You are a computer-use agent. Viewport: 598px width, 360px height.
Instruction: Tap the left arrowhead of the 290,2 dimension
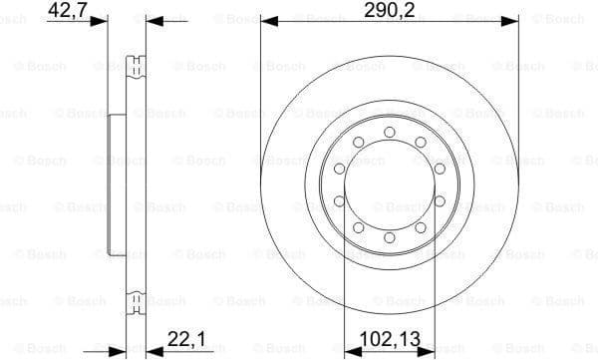click(266, 20)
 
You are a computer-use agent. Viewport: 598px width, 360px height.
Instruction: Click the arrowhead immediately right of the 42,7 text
click(101, 20)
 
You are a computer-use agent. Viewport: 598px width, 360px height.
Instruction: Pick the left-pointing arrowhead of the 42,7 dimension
click(152, 20)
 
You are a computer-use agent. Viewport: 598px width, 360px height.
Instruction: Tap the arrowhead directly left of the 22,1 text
click(152, 349)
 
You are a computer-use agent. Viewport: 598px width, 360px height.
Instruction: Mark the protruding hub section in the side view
click(113, 184)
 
